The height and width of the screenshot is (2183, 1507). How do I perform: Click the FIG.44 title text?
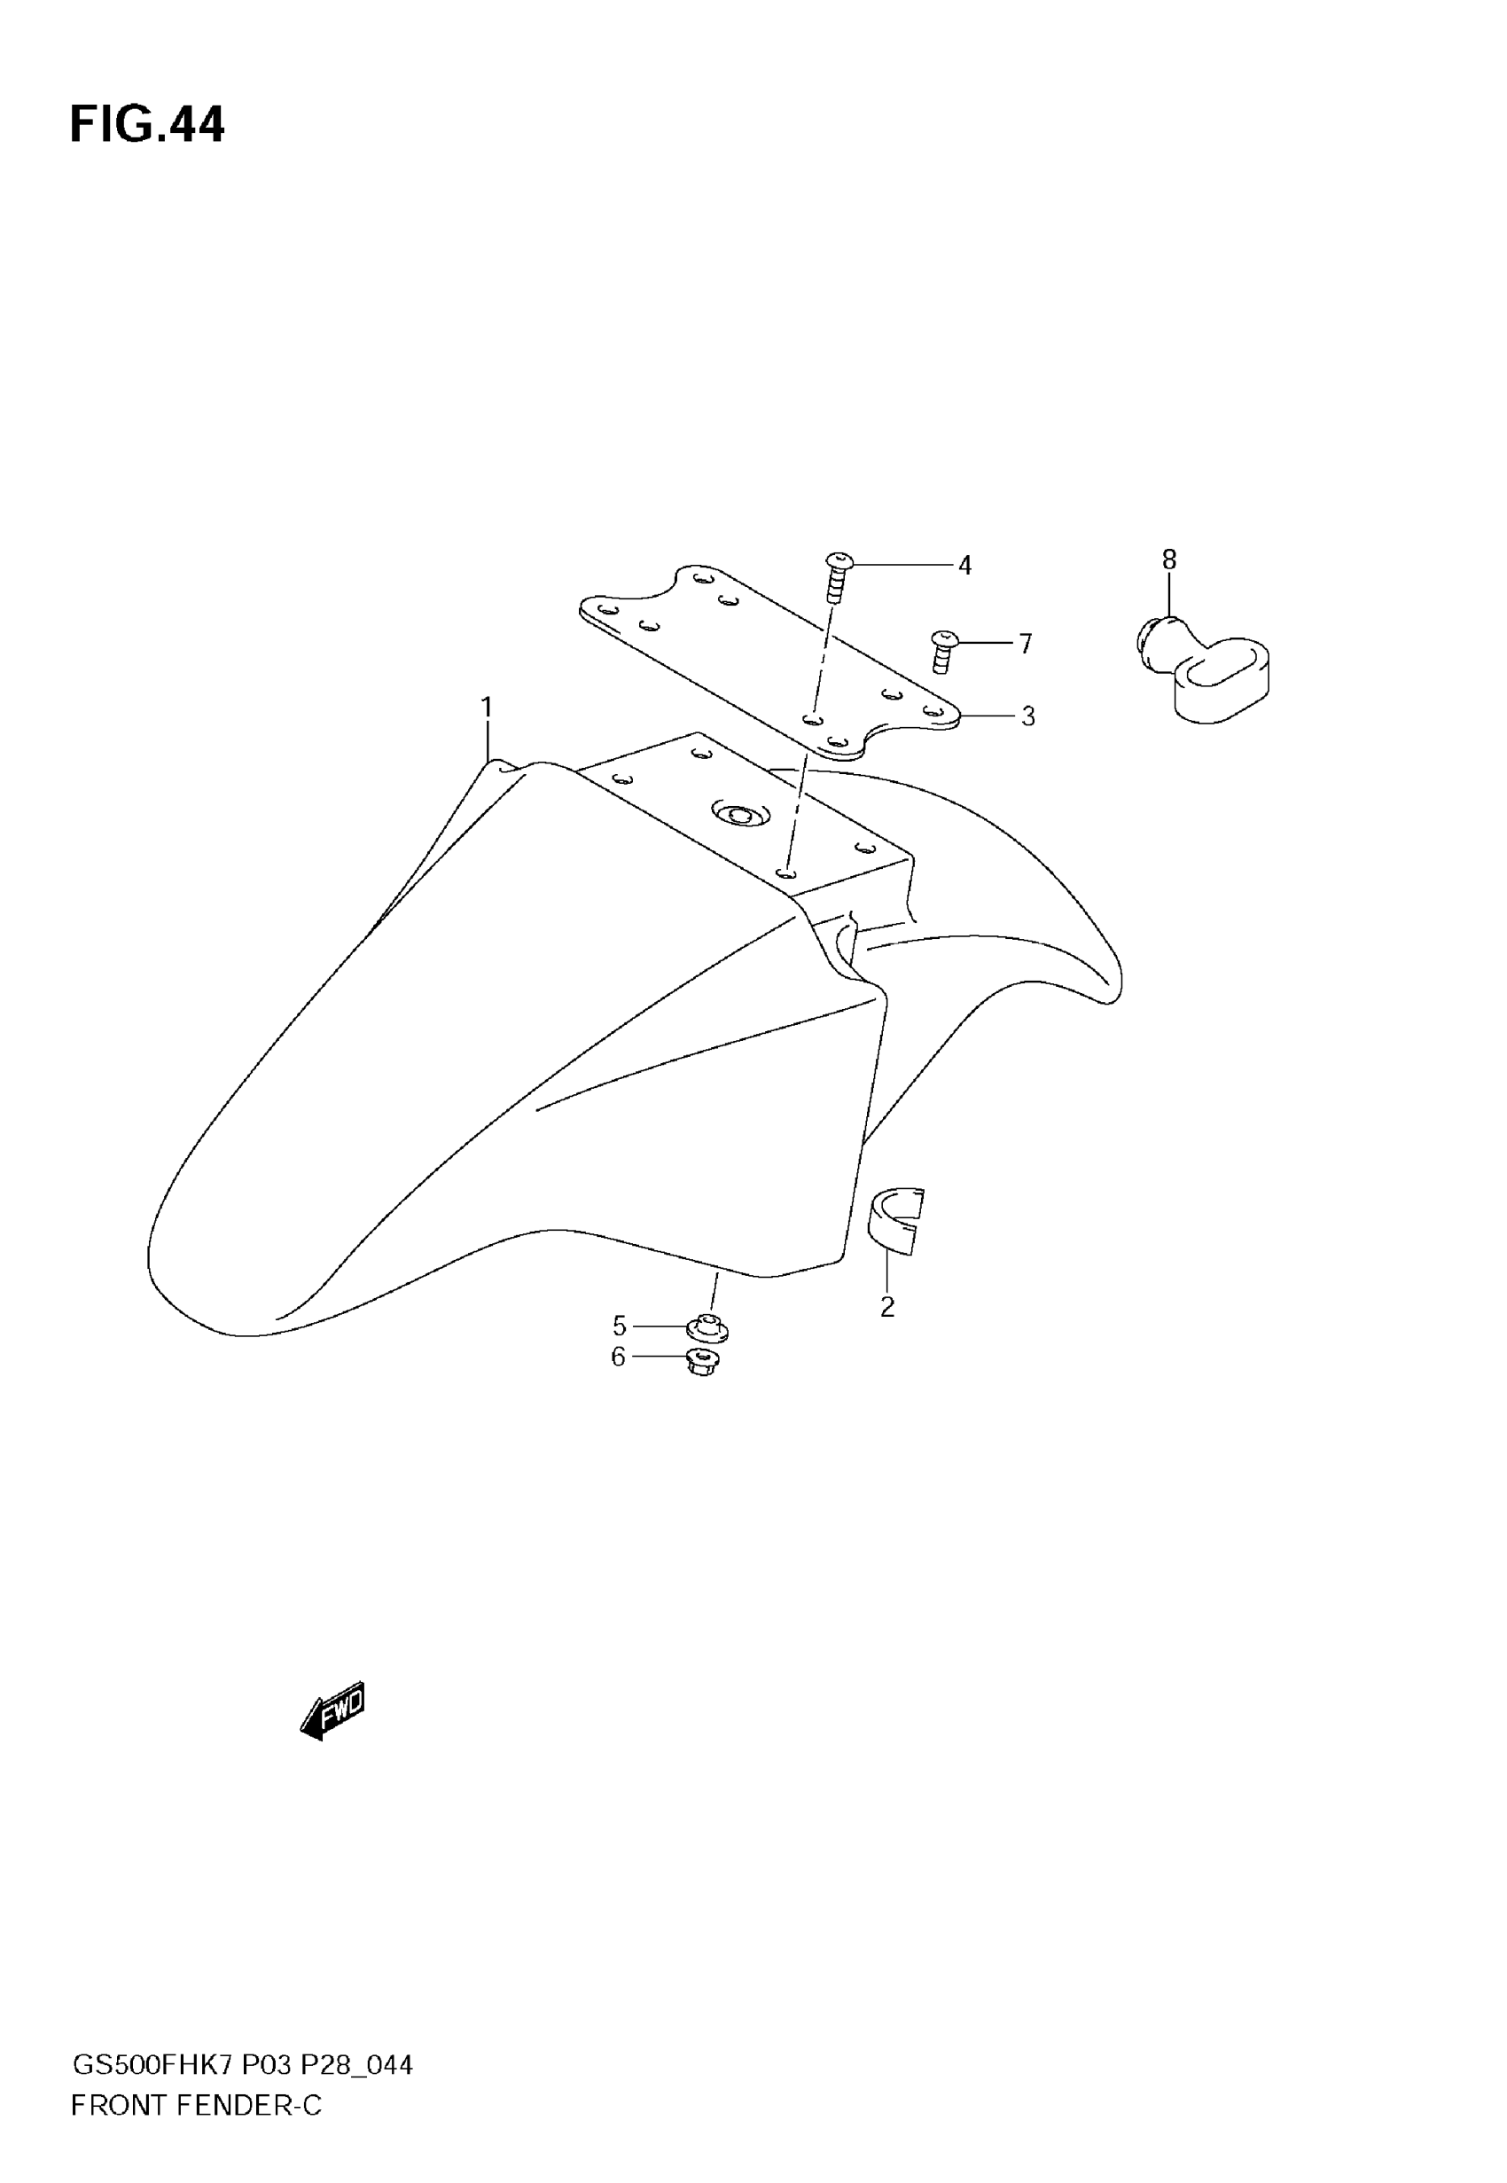147,125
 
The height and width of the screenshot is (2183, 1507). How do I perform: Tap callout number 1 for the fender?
487,707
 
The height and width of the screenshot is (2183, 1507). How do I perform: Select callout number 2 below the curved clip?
886,1307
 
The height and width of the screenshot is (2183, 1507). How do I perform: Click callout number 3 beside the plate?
1027,716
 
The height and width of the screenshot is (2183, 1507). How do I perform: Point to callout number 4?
964,566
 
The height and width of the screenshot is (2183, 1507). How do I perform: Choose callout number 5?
620,1326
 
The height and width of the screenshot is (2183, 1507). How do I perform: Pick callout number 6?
619,1357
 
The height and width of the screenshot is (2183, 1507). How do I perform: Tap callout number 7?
1026,644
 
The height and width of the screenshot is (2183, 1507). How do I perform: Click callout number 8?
1169,559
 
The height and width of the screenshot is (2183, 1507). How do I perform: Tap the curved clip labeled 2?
894,1222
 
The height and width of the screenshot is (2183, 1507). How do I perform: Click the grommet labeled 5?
707,1327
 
